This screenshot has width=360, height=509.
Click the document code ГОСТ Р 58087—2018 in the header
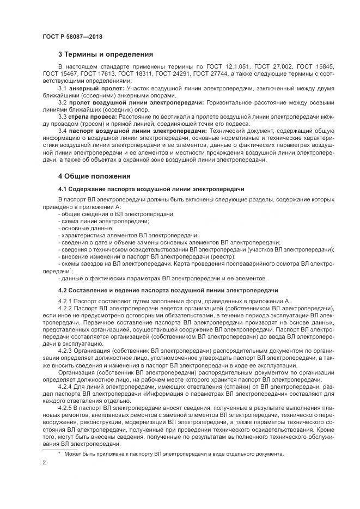(72, 36)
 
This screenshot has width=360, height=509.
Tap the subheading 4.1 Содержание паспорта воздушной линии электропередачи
(151, 189)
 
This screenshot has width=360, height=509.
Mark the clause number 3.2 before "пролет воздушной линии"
(62, 102)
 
